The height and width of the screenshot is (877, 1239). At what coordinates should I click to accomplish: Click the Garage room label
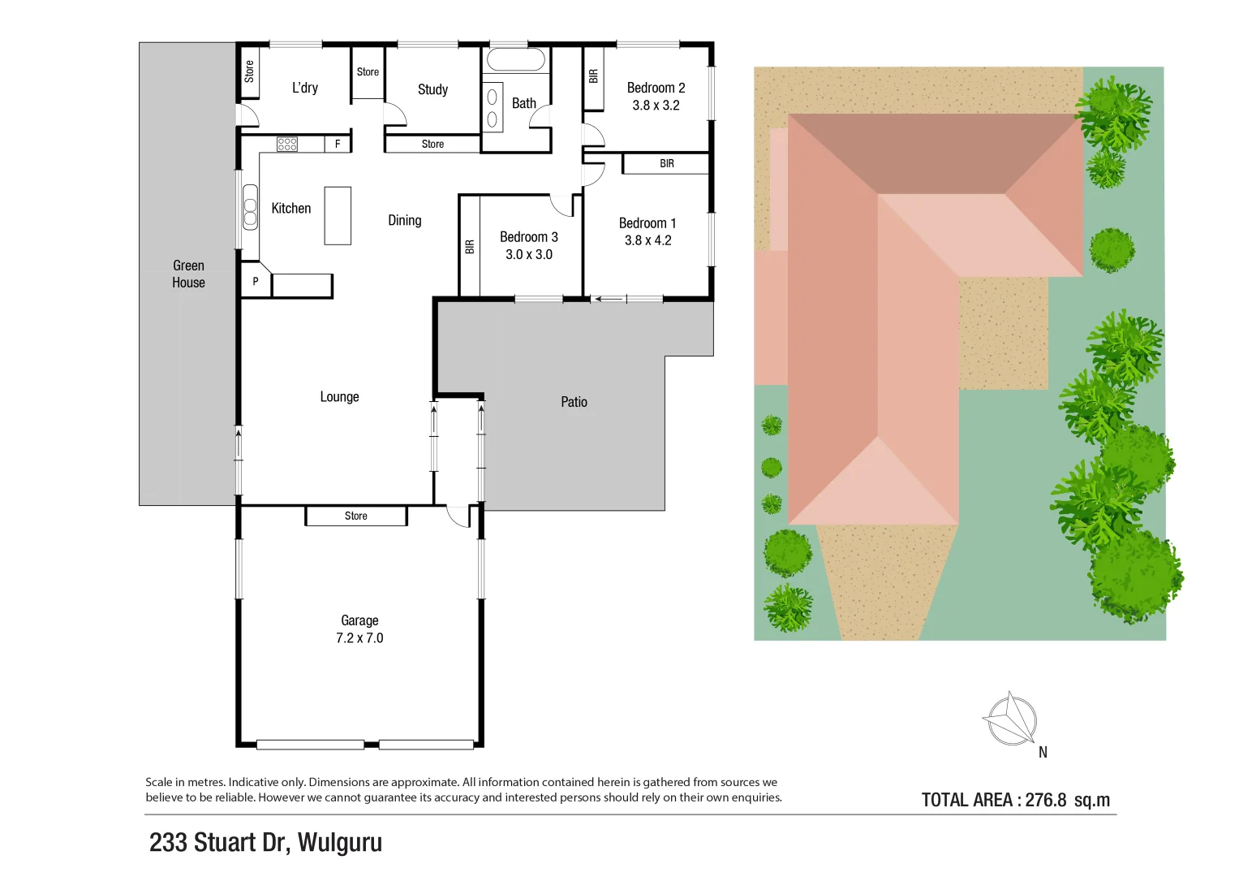[x=359, y=620]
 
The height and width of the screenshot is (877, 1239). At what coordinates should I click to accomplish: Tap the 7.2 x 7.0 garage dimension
[x=359, y=638]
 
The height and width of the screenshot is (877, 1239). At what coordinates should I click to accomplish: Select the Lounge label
[x=339, y=397]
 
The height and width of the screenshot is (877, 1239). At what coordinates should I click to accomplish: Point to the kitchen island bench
[x=338, y=216]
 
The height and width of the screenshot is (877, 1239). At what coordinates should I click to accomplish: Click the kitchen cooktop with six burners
[x=287, y=145]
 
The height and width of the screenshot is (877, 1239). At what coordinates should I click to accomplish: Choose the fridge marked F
[x=338, y=144]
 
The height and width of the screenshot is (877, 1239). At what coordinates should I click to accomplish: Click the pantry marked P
[x=255, y=282]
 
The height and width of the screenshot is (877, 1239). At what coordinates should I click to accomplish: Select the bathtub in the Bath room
[x=515, y=60]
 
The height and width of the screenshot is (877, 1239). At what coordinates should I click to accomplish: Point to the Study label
[x=432, y=89]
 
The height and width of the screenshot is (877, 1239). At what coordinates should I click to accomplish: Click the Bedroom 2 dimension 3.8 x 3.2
[x=656, y=106]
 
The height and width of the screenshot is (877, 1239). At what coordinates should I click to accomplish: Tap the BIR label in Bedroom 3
[x=469, y=247]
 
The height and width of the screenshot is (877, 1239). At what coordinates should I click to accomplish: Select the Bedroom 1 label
[x=647, y=223]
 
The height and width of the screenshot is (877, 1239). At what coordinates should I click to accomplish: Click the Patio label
[x=574, y=402]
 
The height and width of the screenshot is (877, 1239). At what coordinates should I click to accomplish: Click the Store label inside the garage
[x=355, y=516]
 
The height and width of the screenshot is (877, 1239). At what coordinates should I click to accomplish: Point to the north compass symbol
[x=1010, y=719]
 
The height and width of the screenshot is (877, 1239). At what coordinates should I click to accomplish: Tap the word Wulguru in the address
[x=339, y=843]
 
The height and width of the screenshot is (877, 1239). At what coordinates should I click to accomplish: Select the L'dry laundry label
[x=305, y=88]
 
